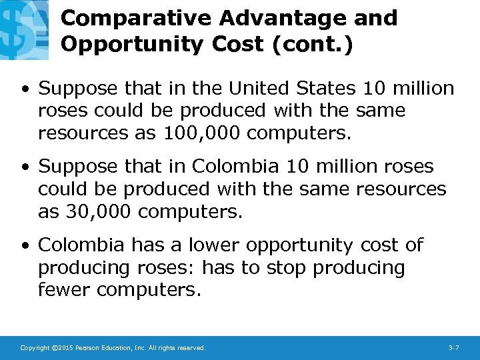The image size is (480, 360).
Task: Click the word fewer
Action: click(x=65, y=290)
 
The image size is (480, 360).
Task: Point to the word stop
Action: click(x=287, y=268)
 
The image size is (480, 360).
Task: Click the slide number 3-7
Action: click(x=453, y=348)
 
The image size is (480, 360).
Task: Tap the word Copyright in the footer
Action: click(x=35, y=348)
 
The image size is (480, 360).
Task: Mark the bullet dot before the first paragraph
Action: click(x=25, y=89)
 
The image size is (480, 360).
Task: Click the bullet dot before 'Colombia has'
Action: click(x=25, y=246)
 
